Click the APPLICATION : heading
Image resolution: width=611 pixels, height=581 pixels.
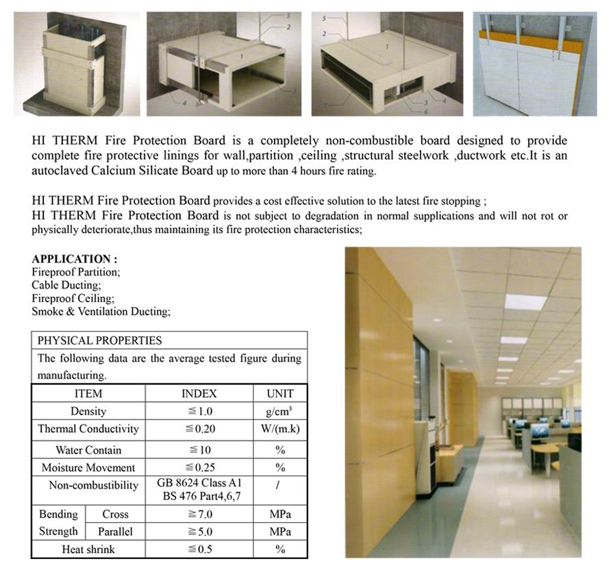tap(75, 259)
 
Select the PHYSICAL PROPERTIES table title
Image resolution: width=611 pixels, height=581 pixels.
tap(99, 341)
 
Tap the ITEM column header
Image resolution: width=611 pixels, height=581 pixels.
tap(88, 393)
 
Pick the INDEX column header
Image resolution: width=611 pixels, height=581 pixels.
tap(199, 393)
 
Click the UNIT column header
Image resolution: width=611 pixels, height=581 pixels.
tap(279, 393)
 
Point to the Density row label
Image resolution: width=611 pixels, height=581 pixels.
tap(88, 411)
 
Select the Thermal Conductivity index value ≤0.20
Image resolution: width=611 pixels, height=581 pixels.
tap(199, 429)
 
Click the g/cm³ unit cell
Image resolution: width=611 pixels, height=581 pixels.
tap(279, 411)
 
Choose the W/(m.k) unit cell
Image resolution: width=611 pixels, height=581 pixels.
tap(279, 429)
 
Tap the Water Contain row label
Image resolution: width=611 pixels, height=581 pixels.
tap(88, 450)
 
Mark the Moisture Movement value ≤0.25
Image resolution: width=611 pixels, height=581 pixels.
tap(199, 468)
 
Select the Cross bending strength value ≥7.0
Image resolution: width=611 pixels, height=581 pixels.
tap(199, 514)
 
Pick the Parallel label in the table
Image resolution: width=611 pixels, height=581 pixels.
tap(115, 532)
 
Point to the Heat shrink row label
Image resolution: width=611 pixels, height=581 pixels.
tap(88, 549)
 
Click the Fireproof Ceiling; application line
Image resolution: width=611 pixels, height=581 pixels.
tap(73, 299)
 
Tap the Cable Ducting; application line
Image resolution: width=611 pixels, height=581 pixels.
tap(66, 285)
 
